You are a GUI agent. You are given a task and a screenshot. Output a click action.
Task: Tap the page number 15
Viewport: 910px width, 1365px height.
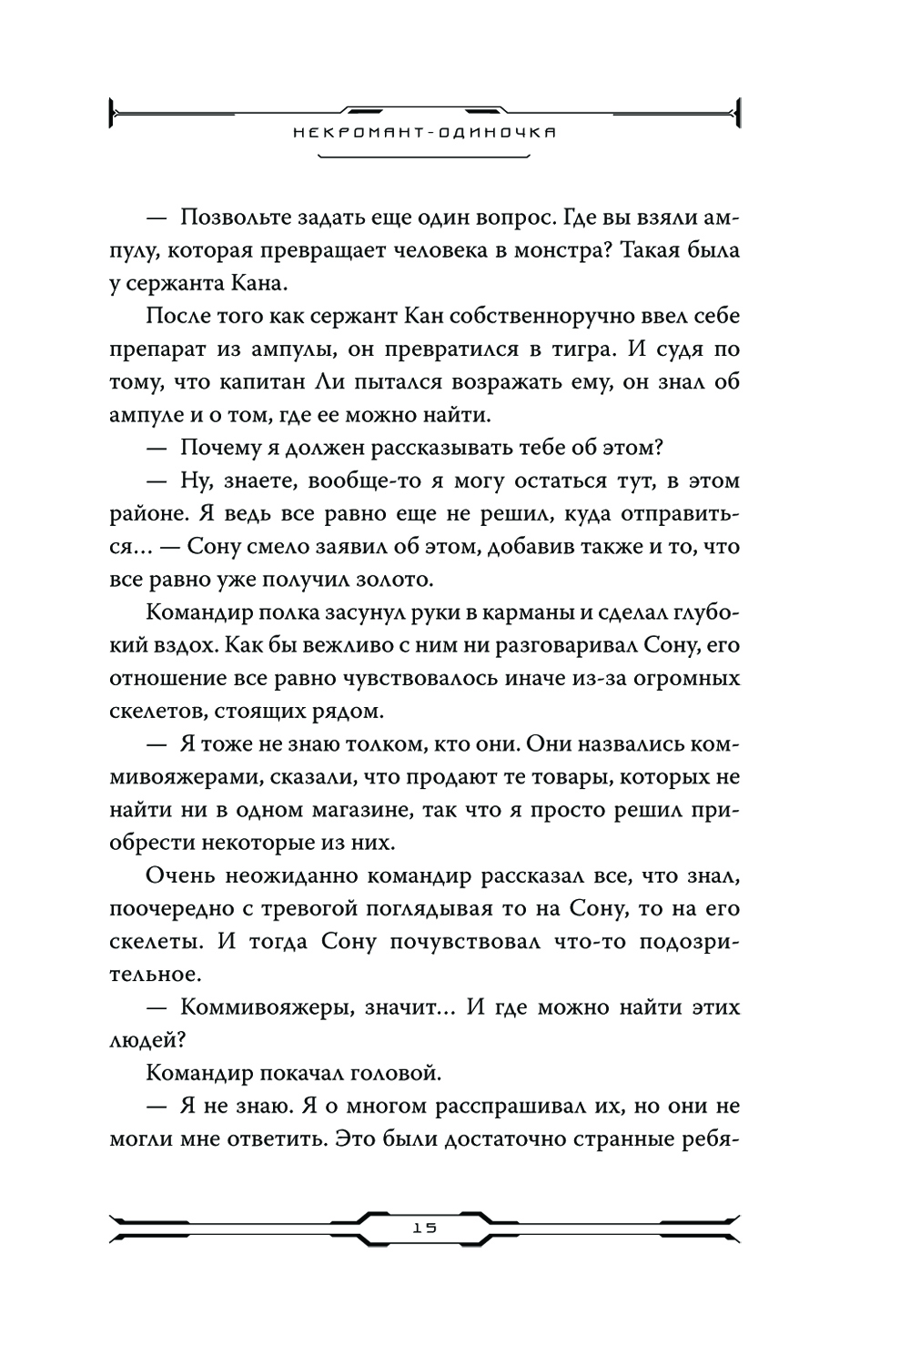424,1227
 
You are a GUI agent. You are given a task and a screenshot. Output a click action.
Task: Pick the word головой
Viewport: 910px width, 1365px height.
398,1073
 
